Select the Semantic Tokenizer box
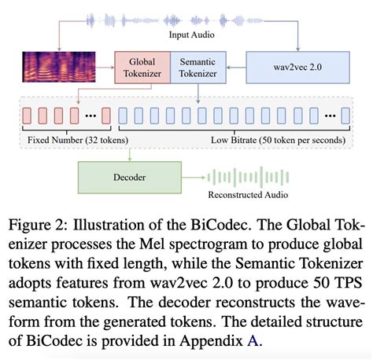pyautogui.click(x=198, y=68)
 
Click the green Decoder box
pyautogui.click(x=130, y=177)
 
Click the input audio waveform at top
pyautogui.click(x=189, y=17)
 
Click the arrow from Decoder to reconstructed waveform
pyautogui.click(x=194, y=178)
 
